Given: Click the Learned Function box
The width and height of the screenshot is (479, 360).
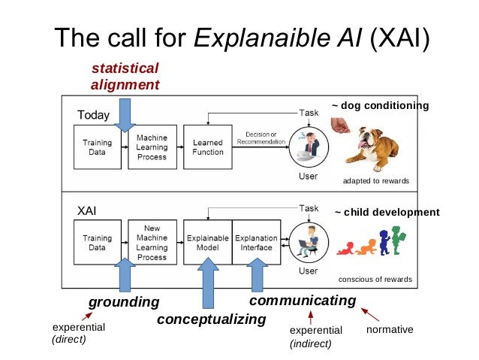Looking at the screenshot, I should coord(208,147).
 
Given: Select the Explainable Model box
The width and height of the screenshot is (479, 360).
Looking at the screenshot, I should coord(207,242).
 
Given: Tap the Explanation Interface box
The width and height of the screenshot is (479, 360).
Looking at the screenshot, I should coord(257,242).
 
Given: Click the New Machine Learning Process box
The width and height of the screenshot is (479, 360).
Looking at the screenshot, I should coord(152,242).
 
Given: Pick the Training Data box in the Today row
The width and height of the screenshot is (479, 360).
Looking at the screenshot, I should coord(96,147).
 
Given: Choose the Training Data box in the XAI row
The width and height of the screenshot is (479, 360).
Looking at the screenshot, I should coord(96,242).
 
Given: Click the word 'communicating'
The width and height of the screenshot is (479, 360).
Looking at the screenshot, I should coord(302,301).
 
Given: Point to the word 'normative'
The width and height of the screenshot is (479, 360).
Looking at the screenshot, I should coord(390,330).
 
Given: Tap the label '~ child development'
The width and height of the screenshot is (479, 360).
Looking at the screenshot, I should coord(387,213).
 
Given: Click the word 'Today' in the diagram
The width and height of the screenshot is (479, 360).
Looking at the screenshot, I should coord(94,116).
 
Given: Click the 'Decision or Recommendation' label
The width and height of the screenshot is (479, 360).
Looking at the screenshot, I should coord(261,138).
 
